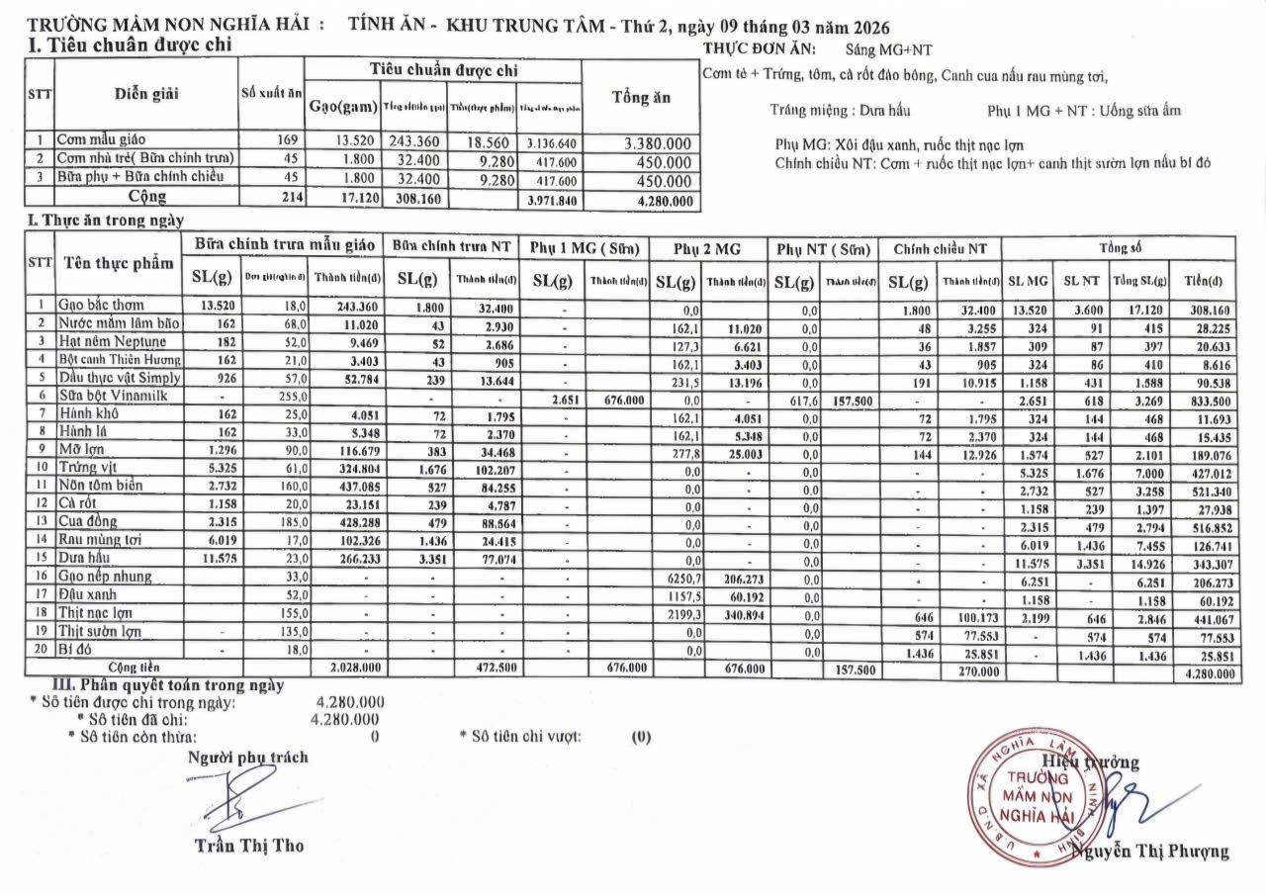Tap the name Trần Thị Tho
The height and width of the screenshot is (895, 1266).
pyautogui.click(x=249, y=846)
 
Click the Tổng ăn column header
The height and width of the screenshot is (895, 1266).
pyautogui.click(x=641, y=98)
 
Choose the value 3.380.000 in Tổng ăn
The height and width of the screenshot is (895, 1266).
pyautogui.click(x=657, y=143)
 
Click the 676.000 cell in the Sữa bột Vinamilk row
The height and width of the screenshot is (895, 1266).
pyautogui.click(x=618, y=396)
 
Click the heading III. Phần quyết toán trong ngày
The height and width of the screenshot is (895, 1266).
pyautogui.click(x=169, y=684)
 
